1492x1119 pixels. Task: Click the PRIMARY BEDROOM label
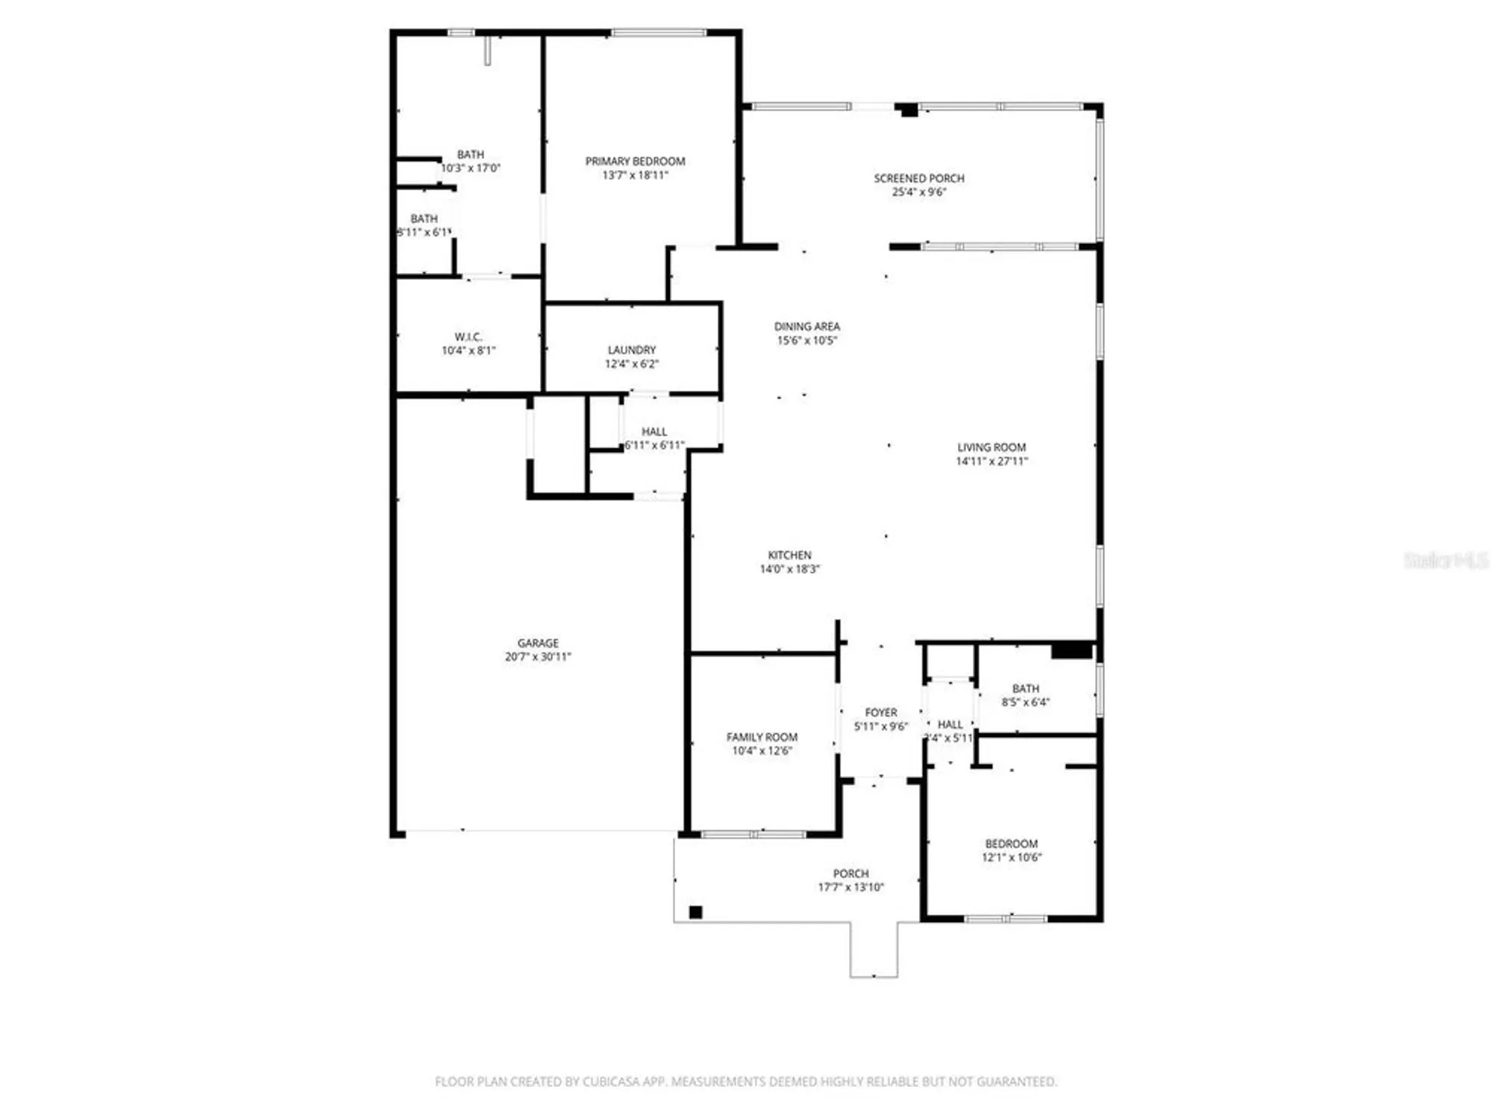click(x=635, y=161)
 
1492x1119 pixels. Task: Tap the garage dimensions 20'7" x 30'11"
click(x=537, y=656)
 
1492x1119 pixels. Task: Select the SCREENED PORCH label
click(x=919, y=178)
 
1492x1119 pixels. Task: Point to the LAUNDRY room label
click(x=632, y=350)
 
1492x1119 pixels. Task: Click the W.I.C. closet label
click(x=468, y=337)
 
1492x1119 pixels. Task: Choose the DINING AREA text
click(x=806, y=327)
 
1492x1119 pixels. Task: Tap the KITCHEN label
click(x=789, y=555)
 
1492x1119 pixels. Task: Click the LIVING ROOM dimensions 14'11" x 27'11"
click(x=991, y=461)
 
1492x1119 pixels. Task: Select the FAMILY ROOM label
click(x=762, y=737)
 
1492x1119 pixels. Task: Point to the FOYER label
click(x=881, y=712)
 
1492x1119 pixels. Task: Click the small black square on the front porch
click(x=695, y=912)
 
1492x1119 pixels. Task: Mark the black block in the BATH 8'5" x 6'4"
click(x=1071, y=651)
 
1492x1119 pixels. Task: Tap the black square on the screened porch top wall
click(x=909, y=110)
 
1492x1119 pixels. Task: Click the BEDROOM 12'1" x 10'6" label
click(x=1011, y=844)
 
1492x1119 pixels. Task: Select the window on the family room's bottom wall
click(x=753, y=834)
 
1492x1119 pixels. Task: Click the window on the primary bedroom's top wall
click(x=658, y=33)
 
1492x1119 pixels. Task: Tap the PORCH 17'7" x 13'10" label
click(x=850, y=874)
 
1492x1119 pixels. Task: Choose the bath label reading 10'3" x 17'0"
click(x=470, y=168)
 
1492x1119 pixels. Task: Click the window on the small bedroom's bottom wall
click(x=1006, y=918)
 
